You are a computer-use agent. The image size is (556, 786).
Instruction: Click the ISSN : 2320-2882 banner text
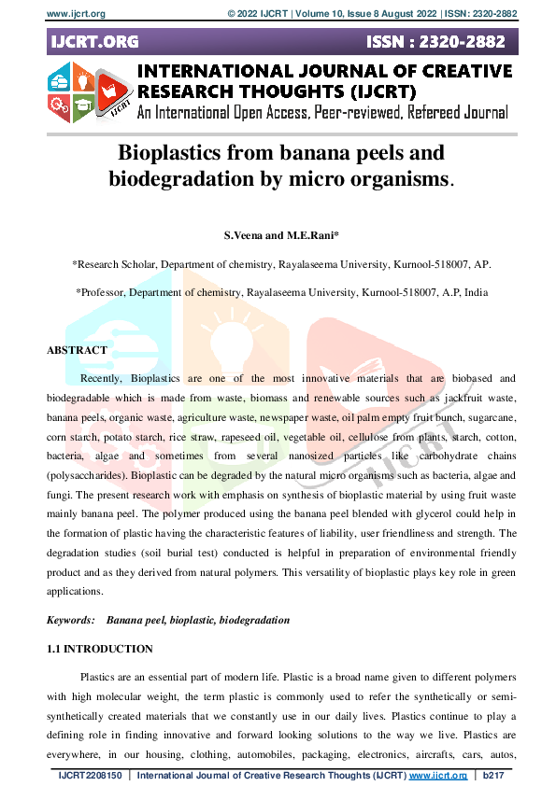(x=438, y=42)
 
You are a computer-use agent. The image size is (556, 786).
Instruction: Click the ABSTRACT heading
(x=77, y=350)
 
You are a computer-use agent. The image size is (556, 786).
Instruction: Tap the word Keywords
(x=71, y=620)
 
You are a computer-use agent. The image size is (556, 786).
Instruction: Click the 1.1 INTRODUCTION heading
(x=100, y=649)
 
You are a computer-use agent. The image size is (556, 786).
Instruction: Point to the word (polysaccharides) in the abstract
(x=89, y=475)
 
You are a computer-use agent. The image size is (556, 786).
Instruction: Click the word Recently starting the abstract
(x=101, y=378)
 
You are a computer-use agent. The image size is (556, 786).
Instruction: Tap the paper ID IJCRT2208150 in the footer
(x=91, y=776)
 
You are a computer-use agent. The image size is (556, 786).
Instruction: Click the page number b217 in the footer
(x=495, y=776)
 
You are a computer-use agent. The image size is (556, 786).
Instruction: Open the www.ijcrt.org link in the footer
(x=437, y=776)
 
